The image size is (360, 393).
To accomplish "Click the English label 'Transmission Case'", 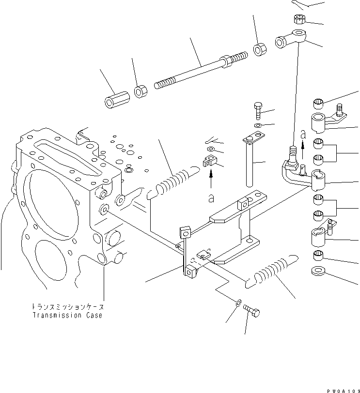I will click(68, 316).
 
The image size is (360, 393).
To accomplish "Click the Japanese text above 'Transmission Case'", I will click(68, 307).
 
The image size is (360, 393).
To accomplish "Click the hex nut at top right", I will click(299, 20).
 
